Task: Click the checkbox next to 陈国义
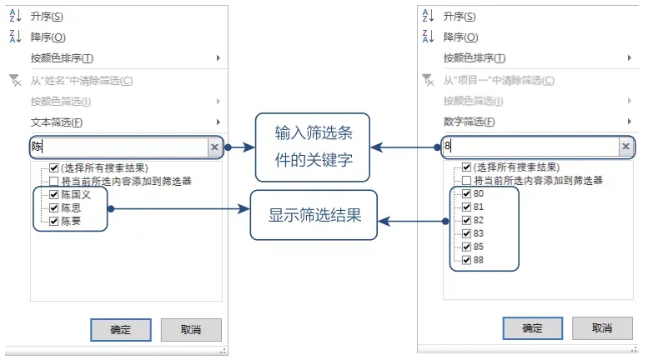tap(54, 194)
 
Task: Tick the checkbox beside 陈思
tap(54, 207)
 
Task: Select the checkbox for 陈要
tap(54, 221)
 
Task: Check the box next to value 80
tap(466, 194)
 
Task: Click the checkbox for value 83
tap(466, 234)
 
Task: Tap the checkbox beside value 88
tap(466, 261)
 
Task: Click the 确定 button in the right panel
tap(532, 328)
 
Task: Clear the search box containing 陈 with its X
tap(214, 147)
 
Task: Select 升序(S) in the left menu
tap(46, 17)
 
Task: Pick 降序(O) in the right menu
tap(460, 37)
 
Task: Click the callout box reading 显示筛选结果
tap(314, 215)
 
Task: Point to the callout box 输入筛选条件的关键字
tap(312, 147)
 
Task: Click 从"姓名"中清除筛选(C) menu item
tap(82, 81)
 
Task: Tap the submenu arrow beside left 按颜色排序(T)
tap(219, 58)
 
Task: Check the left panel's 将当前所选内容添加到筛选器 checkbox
tap(54, 181)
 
